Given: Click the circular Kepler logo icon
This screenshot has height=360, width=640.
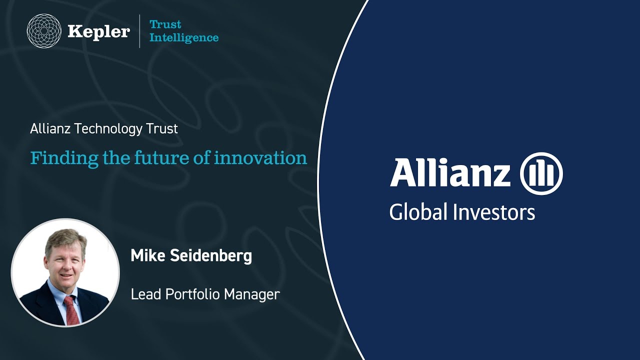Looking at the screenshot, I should [43, 31].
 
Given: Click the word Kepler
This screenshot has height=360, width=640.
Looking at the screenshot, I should [98, 31].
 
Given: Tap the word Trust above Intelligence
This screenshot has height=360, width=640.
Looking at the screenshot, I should [165, 24].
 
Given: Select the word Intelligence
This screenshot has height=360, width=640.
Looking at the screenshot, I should [184, 37].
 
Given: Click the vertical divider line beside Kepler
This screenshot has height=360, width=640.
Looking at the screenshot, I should [139, 31].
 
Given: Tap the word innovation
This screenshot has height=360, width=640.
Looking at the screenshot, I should [260, 158].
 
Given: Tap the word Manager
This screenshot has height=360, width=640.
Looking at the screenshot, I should [252, 294].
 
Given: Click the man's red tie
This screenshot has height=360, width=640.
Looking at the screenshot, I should [71, 310].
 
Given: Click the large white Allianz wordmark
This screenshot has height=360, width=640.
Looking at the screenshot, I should [450, 173].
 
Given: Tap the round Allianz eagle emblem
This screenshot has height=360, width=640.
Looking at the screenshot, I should [541, 173].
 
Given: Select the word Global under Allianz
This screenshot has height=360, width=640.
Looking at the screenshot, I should [418, 212].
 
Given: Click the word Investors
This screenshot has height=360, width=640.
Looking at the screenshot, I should [494, 212].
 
